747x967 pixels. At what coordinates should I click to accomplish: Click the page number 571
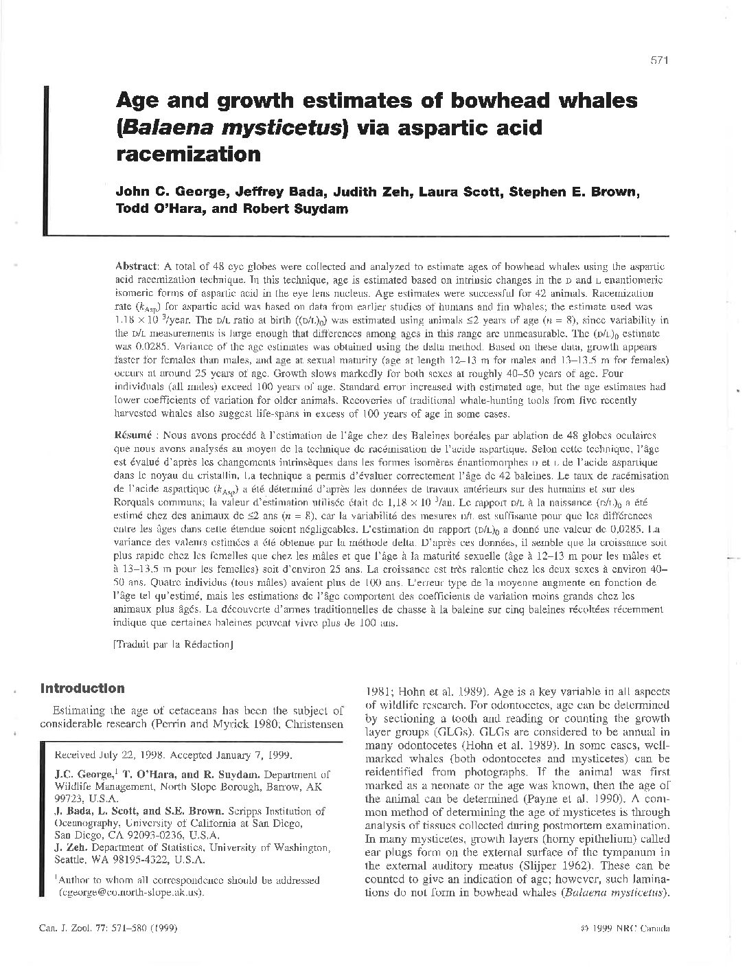coord(659,60)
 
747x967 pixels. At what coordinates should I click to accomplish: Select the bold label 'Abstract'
coord(137,265)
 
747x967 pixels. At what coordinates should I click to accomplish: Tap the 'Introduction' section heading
coord(82,688)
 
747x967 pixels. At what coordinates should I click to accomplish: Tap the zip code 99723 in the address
coord(69,799)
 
